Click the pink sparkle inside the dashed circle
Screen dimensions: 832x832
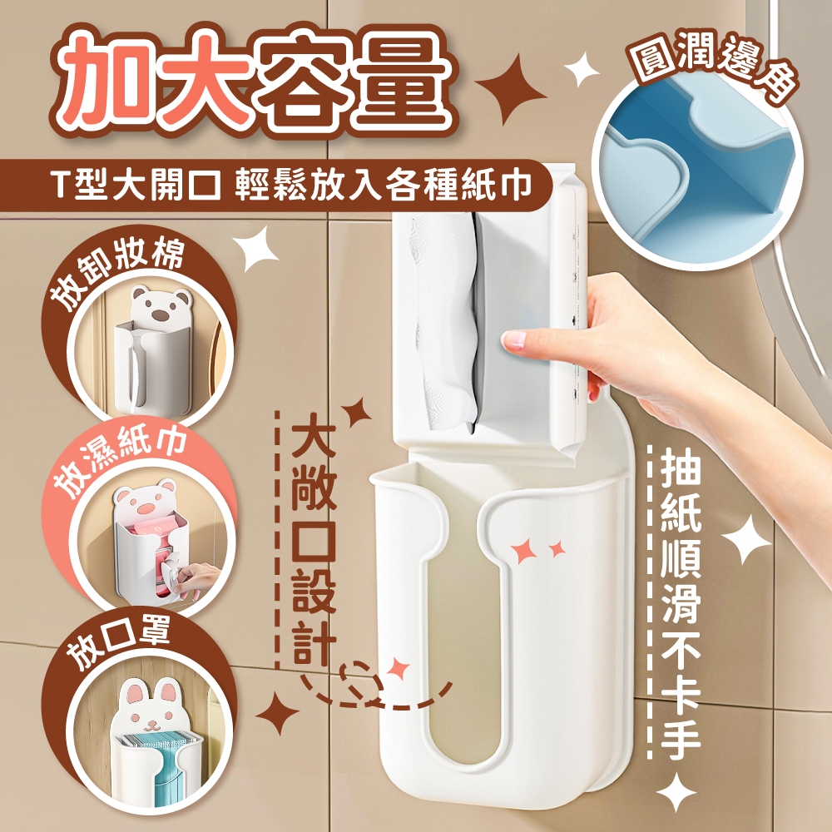[x=398, y=670]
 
